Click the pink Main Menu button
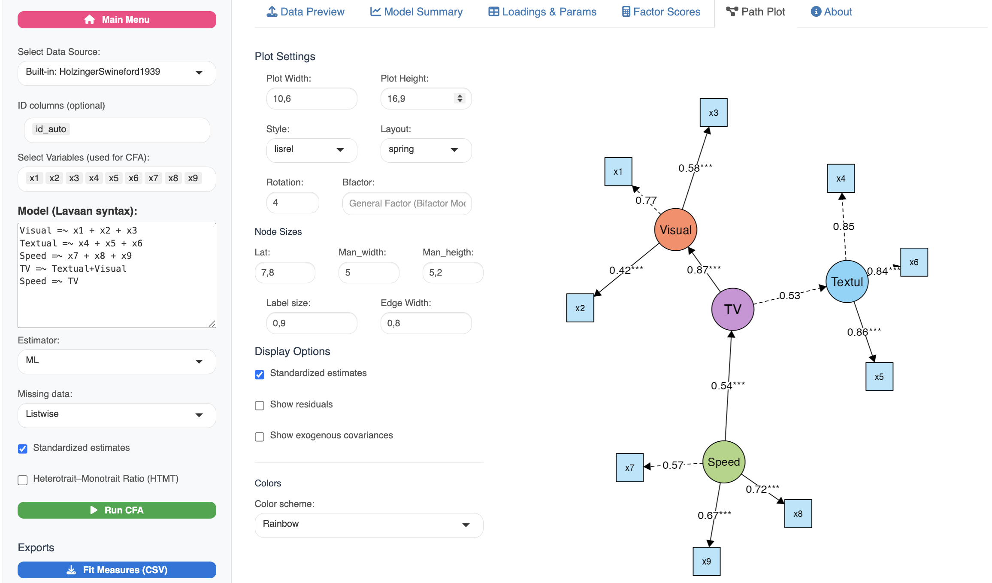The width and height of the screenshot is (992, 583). pyautogui.click(x=117, y=20)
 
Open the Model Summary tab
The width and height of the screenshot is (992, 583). pyautogui.click(x=416, y=12)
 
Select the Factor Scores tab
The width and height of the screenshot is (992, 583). pyautogui.click(x=661, y=12)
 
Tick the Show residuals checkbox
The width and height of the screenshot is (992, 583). pyautogui.click(x=260, y=405)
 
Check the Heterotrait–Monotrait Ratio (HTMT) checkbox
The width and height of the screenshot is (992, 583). pyautogui.click(x=23, y=480)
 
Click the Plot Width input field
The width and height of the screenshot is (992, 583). pyautogui.click(x=312, y=99)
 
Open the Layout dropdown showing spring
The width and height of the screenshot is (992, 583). pyautogui.click(x=426, y=149)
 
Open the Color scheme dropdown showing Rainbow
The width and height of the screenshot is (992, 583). pyautogui.click(x=369, y=525)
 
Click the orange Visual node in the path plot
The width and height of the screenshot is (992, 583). pyautogui.click(x=675, y=230)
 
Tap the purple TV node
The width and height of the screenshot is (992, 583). pyautogui.click(x=732, y=309)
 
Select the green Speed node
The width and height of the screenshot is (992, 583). pyautogui.click(x=724, y=462)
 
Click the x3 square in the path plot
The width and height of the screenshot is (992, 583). pyautogui.click(x=714, y=113)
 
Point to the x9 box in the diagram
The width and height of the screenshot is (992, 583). pyautogui.click(x=707, y=561)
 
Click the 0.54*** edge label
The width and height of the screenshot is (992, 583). pyautogui.click(x=727, y=386)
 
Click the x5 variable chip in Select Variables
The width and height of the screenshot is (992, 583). pyautogui.click(x=114, y=178)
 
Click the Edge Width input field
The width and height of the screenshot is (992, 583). pyautogui.click(x=426, y=323)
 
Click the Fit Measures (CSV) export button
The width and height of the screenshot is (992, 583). pyautogui.click(x=117, y=570)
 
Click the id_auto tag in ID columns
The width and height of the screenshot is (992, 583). pyautogui.click(x=51, y=129)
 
